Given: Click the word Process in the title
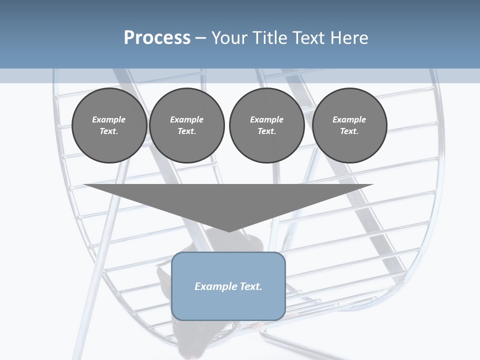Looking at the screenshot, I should [157, 38].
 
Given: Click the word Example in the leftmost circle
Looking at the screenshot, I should [108, 119].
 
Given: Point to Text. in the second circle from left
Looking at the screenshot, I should [186, 131].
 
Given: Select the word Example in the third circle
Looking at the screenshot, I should [266, 119].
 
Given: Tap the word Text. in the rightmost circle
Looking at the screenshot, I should [349, 131].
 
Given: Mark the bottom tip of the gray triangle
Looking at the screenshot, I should [229, 230].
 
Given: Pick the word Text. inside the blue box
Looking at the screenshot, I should [250, 286].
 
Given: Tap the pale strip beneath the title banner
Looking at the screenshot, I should [240, 75].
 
